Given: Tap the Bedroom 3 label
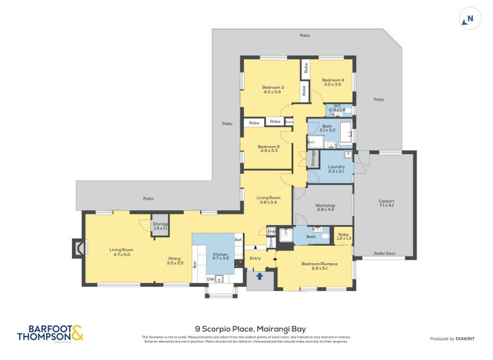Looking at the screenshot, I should (273, 89).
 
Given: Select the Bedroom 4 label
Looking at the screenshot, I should (333, 82).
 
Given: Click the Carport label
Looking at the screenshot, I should (386, 203).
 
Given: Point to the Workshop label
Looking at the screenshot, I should (325, 207).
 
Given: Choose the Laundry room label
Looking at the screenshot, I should (336, 168).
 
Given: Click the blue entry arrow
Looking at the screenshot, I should (259, 276).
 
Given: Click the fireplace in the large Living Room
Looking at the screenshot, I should (78, 248).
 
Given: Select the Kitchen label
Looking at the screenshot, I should (220, 256).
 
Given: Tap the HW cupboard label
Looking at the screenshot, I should (271, 232).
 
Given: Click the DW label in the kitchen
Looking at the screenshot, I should (210, 279).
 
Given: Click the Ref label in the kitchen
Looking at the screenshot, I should (237, 239).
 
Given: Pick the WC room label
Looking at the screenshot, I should (337, 107).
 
